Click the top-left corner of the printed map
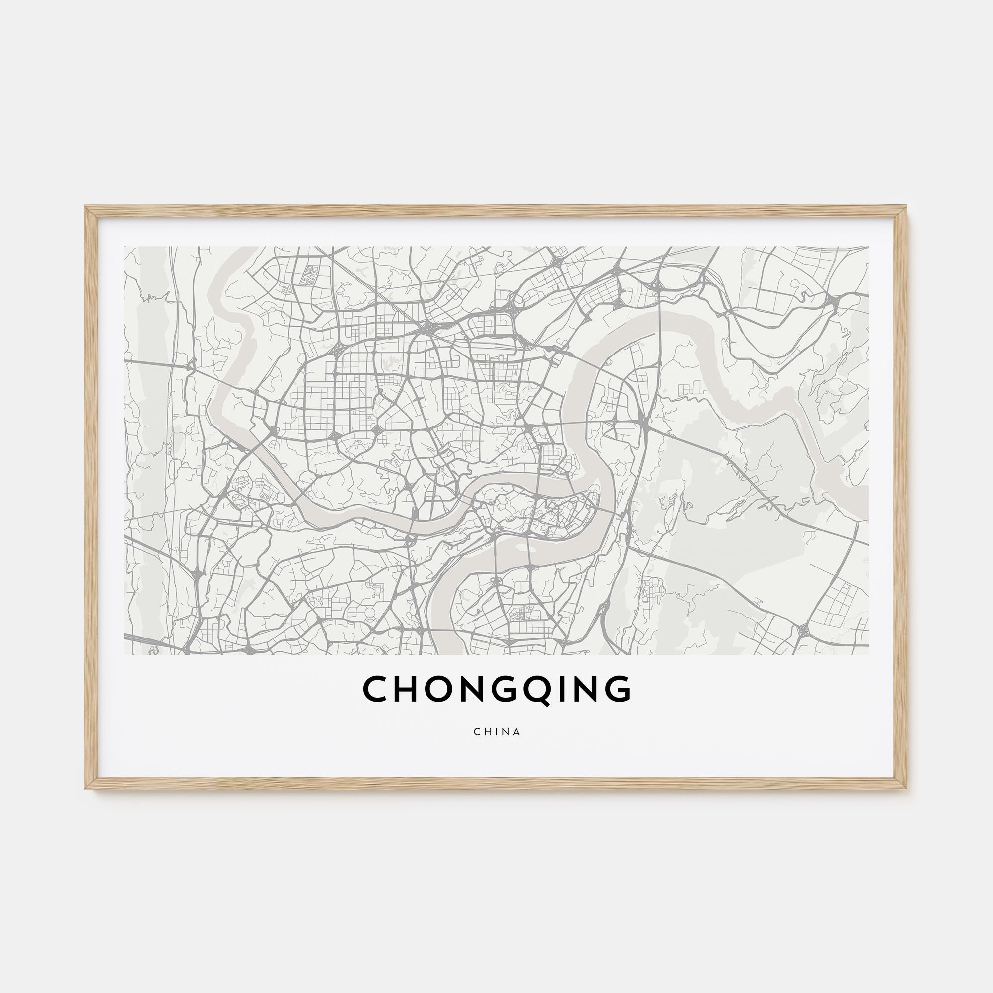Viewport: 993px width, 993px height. coord(125,247)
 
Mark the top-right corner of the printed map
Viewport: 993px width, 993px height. coord(868,247)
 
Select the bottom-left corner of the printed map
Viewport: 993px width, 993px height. coord(125,655)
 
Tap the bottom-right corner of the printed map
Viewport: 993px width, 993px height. coord(868,655)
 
